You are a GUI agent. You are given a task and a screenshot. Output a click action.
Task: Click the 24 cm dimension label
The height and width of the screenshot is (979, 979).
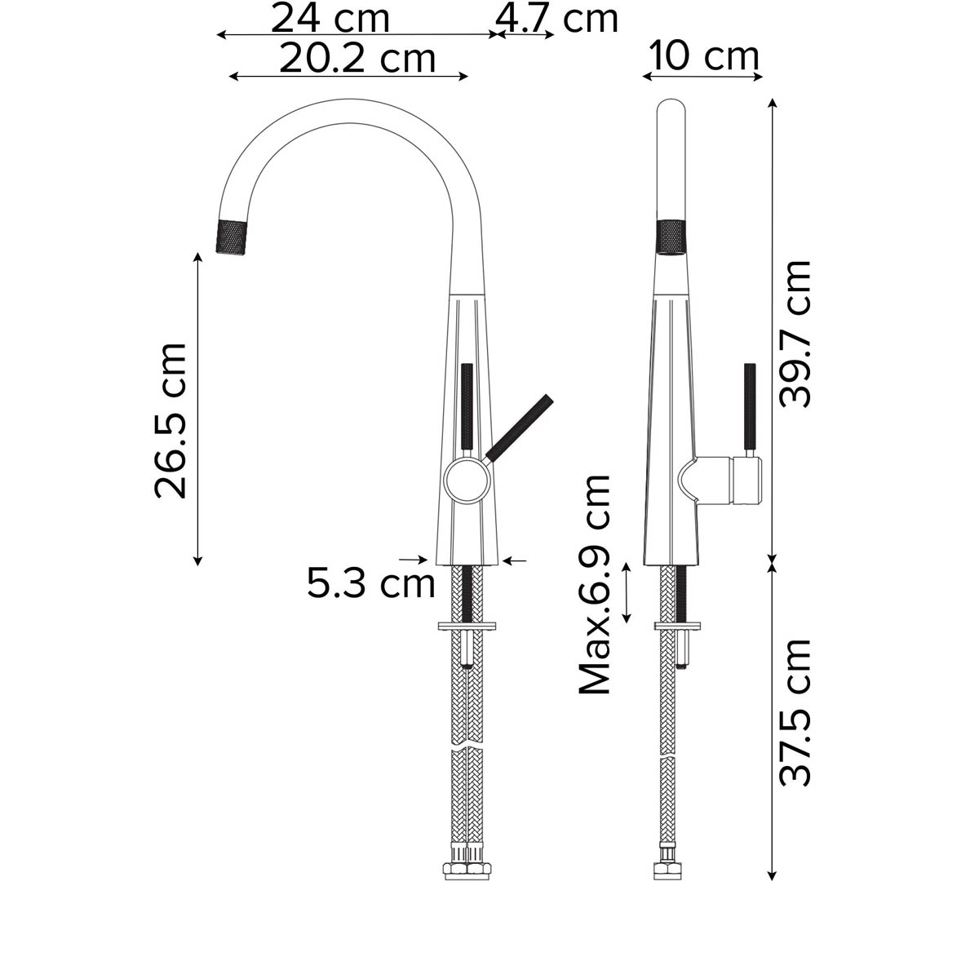click(330, 18)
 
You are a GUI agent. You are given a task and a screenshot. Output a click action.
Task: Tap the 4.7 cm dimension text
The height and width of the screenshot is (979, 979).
click(557, 18)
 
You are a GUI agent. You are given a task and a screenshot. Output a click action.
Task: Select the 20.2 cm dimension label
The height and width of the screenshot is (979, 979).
click(357, 58)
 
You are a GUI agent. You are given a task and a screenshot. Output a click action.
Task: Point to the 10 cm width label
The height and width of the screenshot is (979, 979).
click(704, 56)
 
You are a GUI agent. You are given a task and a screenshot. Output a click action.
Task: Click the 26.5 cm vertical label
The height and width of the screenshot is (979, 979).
click(171, 420)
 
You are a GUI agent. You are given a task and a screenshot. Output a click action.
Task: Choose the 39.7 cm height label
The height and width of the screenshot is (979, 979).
click(795, 334)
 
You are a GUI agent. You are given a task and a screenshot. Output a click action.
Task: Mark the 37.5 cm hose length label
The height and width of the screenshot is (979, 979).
click(795, 711)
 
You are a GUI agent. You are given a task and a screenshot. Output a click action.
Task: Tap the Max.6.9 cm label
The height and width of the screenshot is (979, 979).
click(595, 584)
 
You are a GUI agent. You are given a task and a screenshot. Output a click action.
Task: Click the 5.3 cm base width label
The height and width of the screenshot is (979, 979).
click(371, 583)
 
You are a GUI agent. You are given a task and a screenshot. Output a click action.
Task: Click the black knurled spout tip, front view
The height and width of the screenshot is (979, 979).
click(234, 237)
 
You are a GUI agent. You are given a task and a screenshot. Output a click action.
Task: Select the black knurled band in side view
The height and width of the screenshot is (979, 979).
click(672, 237)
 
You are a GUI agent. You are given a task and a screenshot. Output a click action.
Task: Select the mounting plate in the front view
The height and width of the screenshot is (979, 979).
click(467, 627)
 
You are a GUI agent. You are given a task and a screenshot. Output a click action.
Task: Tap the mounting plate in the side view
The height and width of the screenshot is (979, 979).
click(676, 627)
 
